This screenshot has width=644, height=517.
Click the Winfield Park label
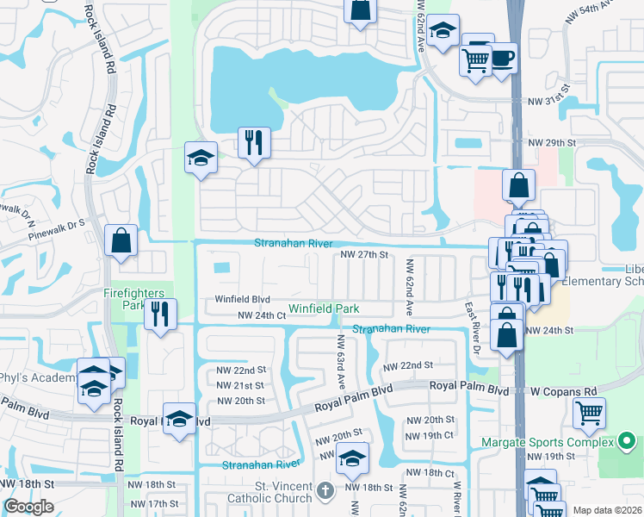tap(323, 308)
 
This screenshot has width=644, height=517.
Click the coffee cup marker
tap(502, 59)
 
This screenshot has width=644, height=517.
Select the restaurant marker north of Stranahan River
tap(254, 142)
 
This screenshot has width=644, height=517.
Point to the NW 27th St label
tap(365, 255)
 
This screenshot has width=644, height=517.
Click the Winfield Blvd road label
tap(243, 300)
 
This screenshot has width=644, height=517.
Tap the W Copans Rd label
tap(557, 390)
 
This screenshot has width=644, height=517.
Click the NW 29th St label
tap(550, 142)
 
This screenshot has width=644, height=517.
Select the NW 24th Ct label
tap(261, 316)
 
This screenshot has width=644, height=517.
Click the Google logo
tap(28, 507)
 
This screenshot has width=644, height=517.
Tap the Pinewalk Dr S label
tap(57, 228)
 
